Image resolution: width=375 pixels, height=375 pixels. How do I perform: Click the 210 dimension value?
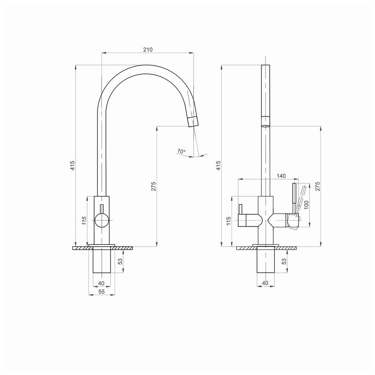pyautogui.click(x=148, y=50)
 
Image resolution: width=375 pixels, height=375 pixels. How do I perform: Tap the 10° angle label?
pyautogui.click(x=181, y=151)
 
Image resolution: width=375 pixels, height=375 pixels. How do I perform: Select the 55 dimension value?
pyautogui.click(x=101, y=292)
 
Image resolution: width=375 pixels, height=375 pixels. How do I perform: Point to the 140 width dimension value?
pyautogui.click(x=281, y=176)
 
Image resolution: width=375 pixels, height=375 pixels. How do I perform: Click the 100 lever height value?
pyautogui.click(x=306, y=205)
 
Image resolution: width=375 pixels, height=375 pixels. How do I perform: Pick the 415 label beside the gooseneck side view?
pyautogui.click(x=72, y=165)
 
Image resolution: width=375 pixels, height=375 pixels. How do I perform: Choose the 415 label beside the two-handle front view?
pyautogui.click(x=218, y=165)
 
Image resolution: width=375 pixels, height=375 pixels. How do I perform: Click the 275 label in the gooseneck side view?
pyautogui.click(x=154, y=186)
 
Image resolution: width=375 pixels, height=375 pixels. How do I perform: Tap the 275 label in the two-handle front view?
pyautogui.click(x=317, y=186)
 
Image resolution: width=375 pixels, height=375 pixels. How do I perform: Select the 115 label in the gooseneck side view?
pyautogui.click(x=84, y=221)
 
